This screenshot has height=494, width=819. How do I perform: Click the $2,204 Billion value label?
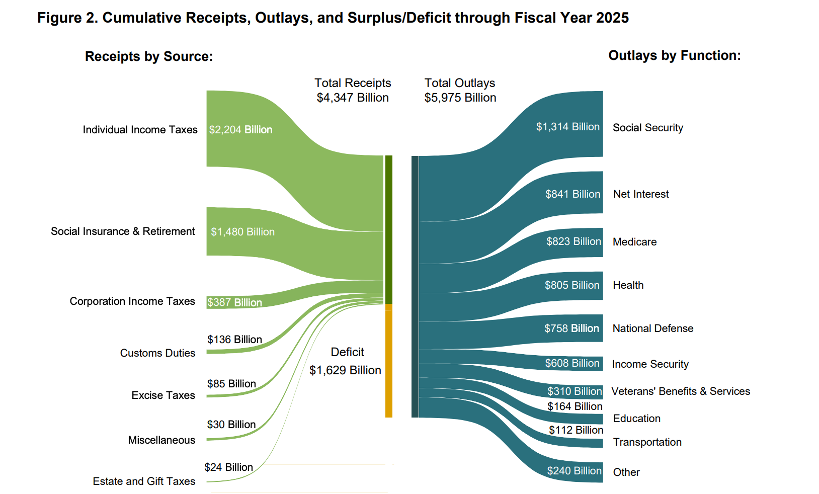(x=240, y=130)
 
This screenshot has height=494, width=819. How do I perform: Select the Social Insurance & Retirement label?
(x=123, y=231)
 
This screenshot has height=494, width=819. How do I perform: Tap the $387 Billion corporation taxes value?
(x=234, y=302)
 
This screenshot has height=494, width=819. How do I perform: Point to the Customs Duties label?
(x=157, y=353)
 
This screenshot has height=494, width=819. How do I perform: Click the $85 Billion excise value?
(x=231, y=384)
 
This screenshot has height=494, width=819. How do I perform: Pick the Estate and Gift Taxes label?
(x=144, y=481)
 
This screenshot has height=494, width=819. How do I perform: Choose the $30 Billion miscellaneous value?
(x=231, y=425)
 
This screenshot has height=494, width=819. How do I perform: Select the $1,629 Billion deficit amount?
(x=345, y=370)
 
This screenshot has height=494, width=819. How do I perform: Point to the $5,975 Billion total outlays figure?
(x=460, y=98)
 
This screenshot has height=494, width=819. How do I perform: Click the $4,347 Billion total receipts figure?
(x=353, y=98)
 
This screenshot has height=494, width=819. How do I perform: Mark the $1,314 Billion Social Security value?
(x=568, y=127)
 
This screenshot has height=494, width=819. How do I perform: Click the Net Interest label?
(x=641, y=194)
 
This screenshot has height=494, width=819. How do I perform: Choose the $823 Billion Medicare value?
(x=574, y=241)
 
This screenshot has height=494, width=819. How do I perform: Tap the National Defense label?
(x=653, y=328)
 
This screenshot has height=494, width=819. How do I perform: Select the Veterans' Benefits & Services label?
(x=681, y=391)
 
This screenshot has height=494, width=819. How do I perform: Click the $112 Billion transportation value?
(x=576, y=430)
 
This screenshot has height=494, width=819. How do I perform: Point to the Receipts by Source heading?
(x=149, y=56)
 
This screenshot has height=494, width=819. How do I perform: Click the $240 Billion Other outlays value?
(x=575, y=471)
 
